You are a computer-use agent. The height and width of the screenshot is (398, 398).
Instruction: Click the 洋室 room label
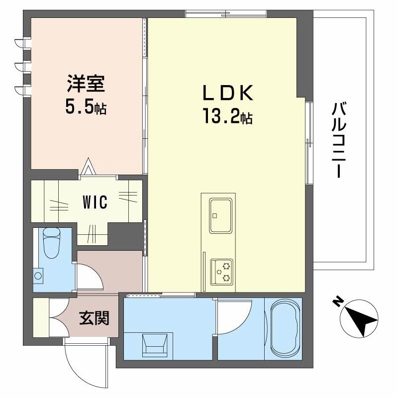click(86, 83)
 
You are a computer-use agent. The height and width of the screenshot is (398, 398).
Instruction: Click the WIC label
click(95, 203)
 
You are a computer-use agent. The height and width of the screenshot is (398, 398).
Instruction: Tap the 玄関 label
click(94, 317)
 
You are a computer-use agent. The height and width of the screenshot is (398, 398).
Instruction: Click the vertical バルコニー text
click(339, 140)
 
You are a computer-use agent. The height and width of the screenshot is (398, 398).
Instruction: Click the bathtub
click(285, 327)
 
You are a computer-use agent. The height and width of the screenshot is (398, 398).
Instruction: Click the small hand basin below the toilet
click(38, 275)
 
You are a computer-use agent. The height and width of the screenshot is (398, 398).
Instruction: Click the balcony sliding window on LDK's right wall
click(309, 142)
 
